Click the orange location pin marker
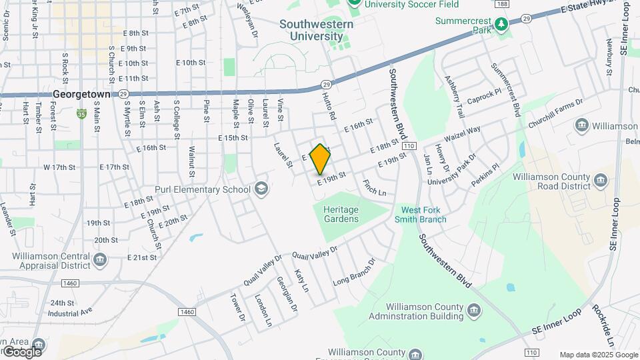coord(320,159)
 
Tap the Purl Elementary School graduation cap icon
coord(261,189)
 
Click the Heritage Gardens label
coord(341,214)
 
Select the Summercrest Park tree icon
coord(501,24)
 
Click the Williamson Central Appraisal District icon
coord(100,259)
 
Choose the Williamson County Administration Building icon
coord(473,311)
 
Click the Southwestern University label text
coord(316,30)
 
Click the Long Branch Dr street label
coord(354,272)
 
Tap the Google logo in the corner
coord(21,351)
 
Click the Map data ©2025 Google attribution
coord(599,355)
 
